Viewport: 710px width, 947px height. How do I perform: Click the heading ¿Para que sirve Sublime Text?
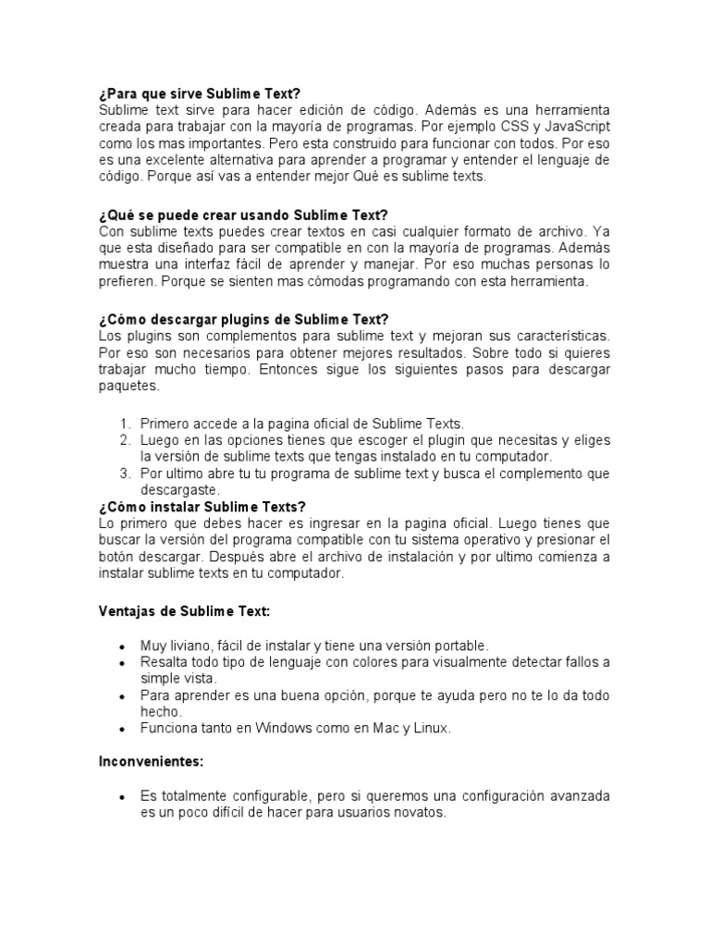tap(200, 93)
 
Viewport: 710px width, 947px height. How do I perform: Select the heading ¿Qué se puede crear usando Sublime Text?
tap(242, 215)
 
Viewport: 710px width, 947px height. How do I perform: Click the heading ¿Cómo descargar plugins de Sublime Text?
tap(243, 319)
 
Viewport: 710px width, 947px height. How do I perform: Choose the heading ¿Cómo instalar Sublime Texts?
tap(202, 507)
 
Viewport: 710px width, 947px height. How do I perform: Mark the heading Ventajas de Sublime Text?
tap(184, 610)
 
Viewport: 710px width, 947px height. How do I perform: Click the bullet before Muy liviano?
tap(122, 646)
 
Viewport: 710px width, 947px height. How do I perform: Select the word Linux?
tap(428, 728)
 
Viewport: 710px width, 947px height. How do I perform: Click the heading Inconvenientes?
tap(152, 762)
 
